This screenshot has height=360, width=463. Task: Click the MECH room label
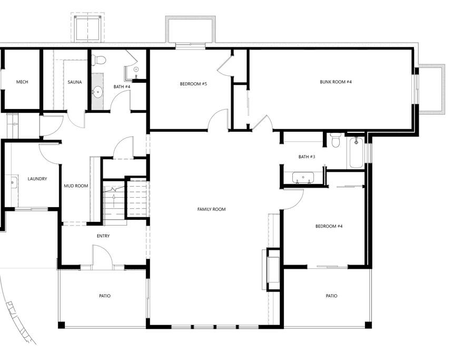[x=22, y=82]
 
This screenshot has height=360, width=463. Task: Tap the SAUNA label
[x=75, y=82]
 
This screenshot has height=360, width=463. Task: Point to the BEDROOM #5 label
[x=193, y=84]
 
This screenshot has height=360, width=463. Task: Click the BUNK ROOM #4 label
[x=336, y=82]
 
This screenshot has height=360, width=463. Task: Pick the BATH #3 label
[x=307, y=157]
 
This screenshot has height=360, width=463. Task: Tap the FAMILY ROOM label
[x=211, y=209]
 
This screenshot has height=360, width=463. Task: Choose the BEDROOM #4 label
[x=329, y=227]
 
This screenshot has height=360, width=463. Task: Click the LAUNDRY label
[x=37, y=179]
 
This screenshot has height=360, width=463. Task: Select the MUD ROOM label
[x=76, y=186]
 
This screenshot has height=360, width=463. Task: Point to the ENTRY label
[x=103, y=236]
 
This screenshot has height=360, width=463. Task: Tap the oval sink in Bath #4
[x=97, y=92]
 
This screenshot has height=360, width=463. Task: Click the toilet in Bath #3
[x=336, y=140]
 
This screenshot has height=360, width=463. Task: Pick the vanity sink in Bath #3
[x=303, y=178]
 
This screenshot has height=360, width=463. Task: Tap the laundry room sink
[x=13, y=182]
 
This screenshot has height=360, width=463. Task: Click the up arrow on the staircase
[x=115, y=198]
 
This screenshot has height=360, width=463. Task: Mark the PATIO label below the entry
[x=105, y=296]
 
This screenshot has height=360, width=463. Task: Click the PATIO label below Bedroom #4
[x=331, y=296]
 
